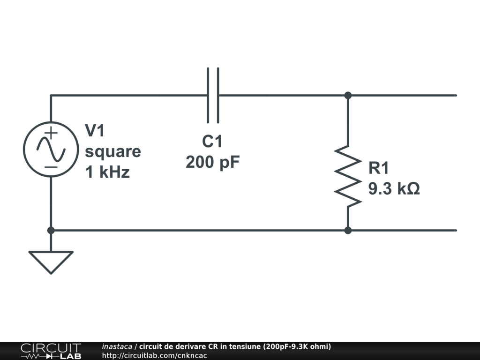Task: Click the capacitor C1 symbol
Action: [x=213, y=95]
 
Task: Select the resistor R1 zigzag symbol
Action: [x=348, y=176]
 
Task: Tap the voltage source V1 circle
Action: [x=51, y=150]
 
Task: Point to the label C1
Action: [x=212, y=141]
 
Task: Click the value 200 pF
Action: [x=212, y=162]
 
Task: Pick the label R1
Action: [x=379, y=168]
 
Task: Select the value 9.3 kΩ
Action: [x=394, y=189]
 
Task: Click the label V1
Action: [x=95, y=131]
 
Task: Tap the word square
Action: [x=112, y=151]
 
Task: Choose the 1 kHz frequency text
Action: [x=107, y=172]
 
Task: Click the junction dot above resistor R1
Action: [x=348, y=95]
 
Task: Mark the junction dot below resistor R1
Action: [x=348, y=230]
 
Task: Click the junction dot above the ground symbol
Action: [x=51, y=230]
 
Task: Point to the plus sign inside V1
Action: [x=52, y=133]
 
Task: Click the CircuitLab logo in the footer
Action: [x=51, y=351]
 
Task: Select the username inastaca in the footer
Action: [x=117, y=347]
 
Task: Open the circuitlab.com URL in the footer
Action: [x=154, y=355]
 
